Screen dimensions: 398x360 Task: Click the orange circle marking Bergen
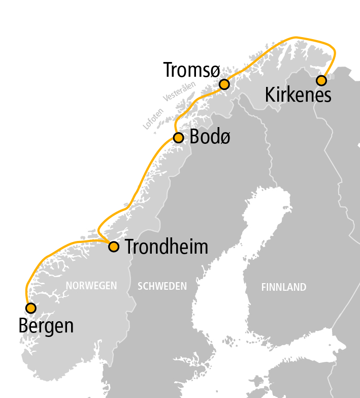click(30, 308)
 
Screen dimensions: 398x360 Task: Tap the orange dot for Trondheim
click(114, 247)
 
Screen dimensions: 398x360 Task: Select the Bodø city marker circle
click(178, 138)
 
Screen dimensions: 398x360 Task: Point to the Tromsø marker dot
click(224, 84)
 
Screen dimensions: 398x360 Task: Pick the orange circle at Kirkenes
click(321, 80)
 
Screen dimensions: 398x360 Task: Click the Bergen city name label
click(46, 326)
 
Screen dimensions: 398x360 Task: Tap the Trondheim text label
click(167, 247)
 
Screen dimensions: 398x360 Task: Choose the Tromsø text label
click(189, 70)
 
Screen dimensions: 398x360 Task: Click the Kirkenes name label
click(298, 95)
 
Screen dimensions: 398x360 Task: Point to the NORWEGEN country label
click(91, 286)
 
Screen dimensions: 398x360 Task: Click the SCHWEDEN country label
click(162, 287)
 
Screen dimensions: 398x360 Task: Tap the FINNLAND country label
click(284, 287)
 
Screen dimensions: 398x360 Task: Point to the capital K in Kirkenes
click(271, 95)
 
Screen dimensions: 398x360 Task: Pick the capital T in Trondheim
click(130, 247)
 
